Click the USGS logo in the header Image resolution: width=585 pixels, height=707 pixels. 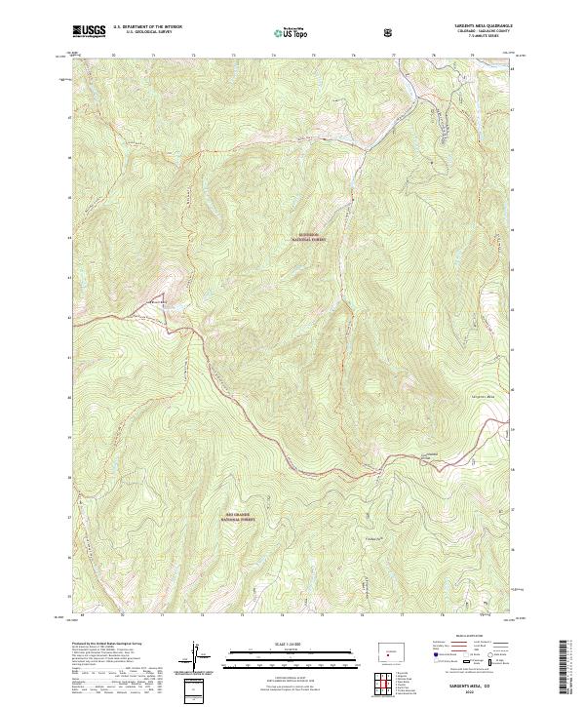pyautogui.click(x=89, y=30)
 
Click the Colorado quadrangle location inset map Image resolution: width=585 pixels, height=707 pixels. pyautogui.click(x=390, y=648)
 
